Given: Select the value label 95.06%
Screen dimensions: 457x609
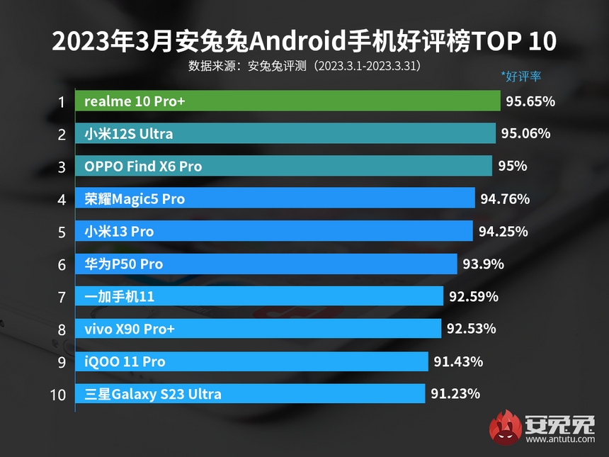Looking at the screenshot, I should [x=525, y=134].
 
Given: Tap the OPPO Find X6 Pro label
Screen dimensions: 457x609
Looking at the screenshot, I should [x=143, y=167].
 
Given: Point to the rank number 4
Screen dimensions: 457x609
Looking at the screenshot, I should [x=62, y=199].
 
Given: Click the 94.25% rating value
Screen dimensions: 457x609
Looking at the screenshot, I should [x=503, y=232].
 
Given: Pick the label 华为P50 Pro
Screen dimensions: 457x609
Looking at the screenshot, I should [x=124, y=264].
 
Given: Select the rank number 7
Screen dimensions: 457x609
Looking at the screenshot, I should [x=62, y=297].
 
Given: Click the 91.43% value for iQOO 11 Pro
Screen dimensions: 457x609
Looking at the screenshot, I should [x=458, y=362].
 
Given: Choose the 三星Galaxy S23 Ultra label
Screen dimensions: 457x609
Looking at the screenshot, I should [x=153, y=395].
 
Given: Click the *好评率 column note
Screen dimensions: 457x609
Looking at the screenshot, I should [x=520, y=77].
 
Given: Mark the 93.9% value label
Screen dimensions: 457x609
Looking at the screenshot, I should [x=483, y=264].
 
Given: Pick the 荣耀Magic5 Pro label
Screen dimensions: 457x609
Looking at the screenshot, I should [x=135, y=199].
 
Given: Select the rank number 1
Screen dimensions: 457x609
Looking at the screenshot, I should [x=62, y=101].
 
